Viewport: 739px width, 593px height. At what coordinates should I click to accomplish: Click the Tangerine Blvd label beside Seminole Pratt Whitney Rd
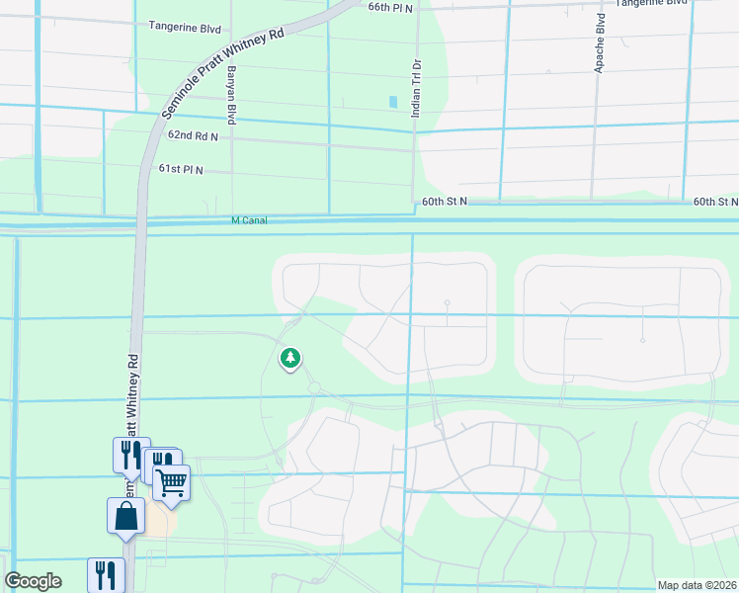[185, 27]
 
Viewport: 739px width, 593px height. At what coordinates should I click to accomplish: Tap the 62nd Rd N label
[193, 135]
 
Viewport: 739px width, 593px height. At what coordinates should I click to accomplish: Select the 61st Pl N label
[181, 169]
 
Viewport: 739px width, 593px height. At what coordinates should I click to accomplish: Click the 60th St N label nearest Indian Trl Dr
[445, 201]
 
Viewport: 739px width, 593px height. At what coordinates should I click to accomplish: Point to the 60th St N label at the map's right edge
[715, 201]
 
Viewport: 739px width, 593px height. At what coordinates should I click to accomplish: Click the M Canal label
[250, 221]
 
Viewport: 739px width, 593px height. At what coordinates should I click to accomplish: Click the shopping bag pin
[126, 516]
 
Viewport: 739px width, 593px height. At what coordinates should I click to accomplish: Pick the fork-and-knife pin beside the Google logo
[106, 575]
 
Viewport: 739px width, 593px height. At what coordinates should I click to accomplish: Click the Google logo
[34, 581]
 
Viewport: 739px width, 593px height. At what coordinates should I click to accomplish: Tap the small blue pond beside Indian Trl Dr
[394, 102]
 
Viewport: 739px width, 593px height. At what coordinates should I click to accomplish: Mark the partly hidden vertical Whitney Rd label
[129, 395]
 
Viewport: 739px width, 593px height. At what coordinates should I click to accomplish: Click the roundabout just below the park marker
[314, 388]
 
